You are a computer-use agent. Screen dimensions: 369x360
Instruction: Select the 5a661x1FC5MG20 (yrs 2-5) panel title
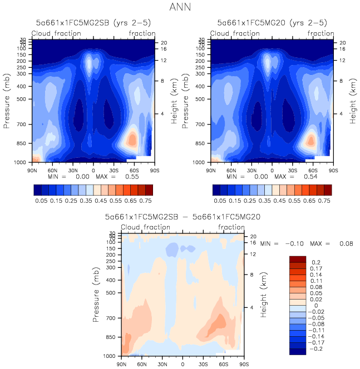coord(272,23)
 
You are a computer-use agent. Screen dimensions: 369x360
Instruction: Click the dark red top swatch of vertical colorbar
coord(297,258)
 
